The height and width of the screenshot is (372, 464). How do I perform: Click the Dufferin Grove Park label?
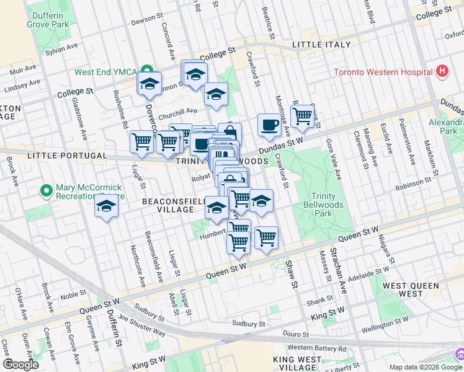[47, 19]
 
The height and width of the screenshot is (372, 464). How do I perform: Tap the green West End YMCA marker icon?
[146, 72]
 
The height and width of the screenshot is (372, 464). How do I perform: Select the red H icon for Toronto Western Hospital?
[442, 71]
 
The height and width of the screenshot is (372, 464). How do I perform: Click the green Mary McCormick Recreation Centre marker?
[45, 190]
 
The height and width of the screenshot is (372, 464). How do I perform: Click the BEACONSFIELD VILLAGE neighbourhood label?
[167, 206]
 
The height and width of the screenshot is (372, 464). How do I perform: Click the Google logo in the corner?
[20, 364]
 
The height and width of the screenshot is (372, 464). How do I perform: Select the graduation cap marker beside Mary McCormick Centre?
[107, 206]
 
